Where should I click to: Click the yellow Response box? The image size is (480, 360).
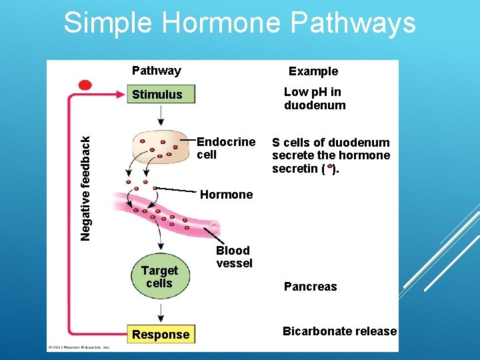click(161, 335)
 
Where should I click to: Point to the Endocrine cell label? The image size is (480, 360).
click(225, 148)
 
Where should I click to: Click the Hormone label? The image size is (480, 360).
click(227, 195)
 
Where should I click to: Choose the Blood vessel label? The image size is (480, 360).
click(233, 257)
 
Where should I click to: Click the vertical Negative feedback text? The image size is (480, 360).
click(85, 188)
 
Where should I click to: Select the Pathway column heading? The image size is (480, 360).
click(157, 71)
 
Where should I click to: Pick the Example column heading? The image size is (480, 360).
click(313, 71)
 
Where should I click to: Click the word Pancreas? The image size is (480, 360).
click(311, 287)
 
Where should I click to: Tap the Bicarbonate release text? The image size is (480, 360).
click(339, 331)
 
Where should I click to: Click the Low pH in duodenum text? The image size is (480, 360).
click(314, 99)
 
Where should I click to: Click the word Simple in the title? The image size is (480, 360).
click(109, 23)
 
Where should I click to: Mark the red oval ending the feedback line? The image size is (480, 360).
click(85, 85)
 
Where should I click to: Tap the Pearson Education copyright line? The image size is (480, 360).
click(79, 347)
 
